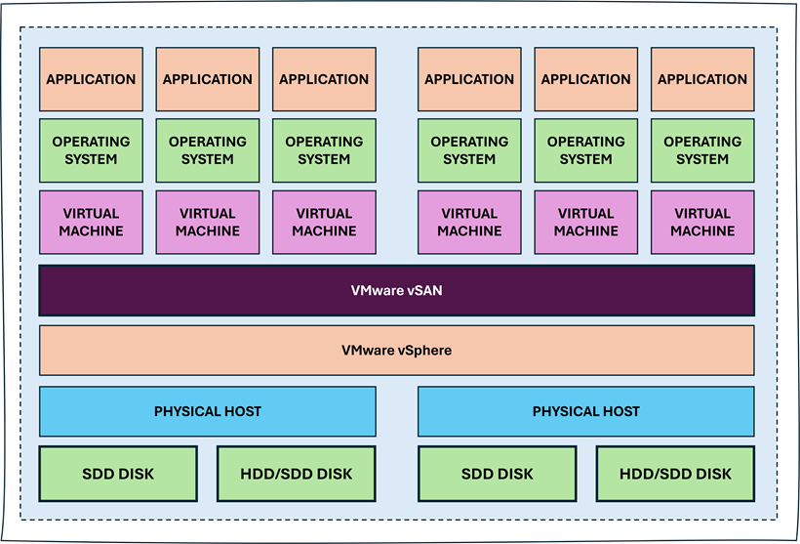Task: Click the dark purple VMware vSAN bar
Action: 396,290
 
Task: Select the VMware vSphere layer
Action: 396,350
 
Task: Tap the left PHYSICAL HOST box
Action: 207,411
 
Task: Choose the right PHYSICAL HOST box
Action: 585,411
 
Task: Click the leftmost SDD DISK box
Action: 118,474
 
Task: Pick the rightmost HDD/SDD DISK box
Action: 675,474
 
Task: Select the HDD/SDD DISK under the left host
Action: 296,474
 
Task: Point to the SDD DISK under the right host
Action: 497,474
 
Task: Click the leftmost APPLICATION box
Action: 91,79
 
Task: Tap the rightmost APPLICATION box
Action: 702,79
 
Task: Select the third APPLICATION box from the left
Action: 324,79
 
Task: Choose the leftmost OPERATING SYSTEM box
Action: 91,150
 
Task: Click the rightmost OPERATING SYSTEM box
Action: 702,150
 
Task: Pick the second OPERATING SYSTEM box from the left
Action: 208,150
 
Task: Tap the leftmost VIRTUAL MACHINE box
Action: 91,222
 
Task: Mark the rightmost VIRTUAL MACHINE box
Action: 702,222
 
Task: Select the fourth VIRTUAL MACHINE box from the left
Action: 469,222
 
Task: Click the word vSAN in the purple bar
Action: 422,290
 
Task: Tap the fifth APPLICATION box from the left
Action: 586,79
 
